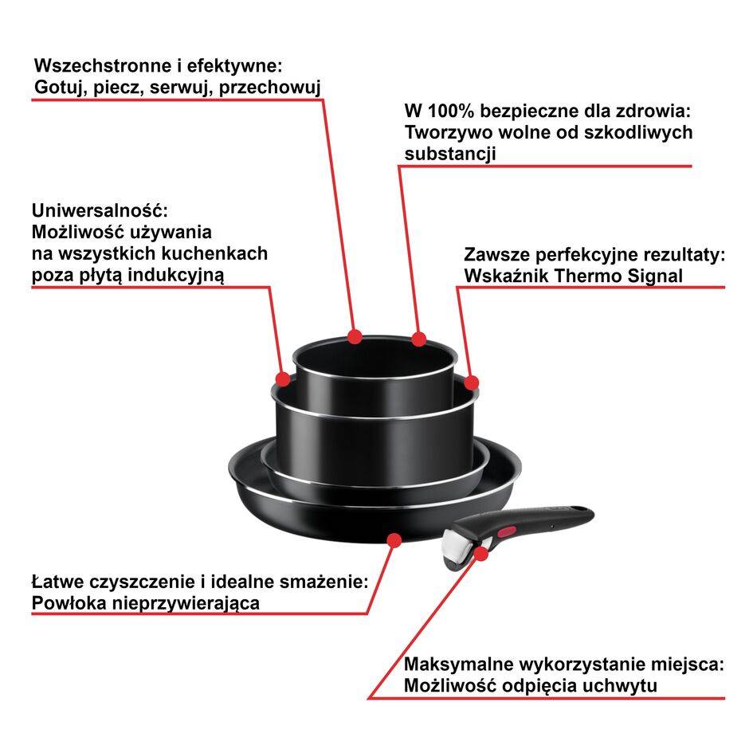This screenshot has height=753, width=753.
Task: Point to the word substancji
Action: tap(450, 154)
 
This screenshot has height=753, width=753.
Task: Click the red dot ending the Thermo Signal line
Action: tap(472, 382)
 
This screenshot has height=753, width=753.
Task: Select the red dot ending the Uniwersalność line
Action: tap(284, 378)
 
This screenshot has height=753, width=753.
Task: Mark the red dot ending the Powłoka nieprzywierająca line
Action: tap(393, 540)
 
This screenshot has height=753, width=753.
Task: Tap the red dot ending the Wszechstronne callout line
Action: tap(355, 336)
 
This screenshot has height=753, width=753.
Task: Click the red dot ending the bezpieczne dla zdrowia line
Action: tap(419, 339)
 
